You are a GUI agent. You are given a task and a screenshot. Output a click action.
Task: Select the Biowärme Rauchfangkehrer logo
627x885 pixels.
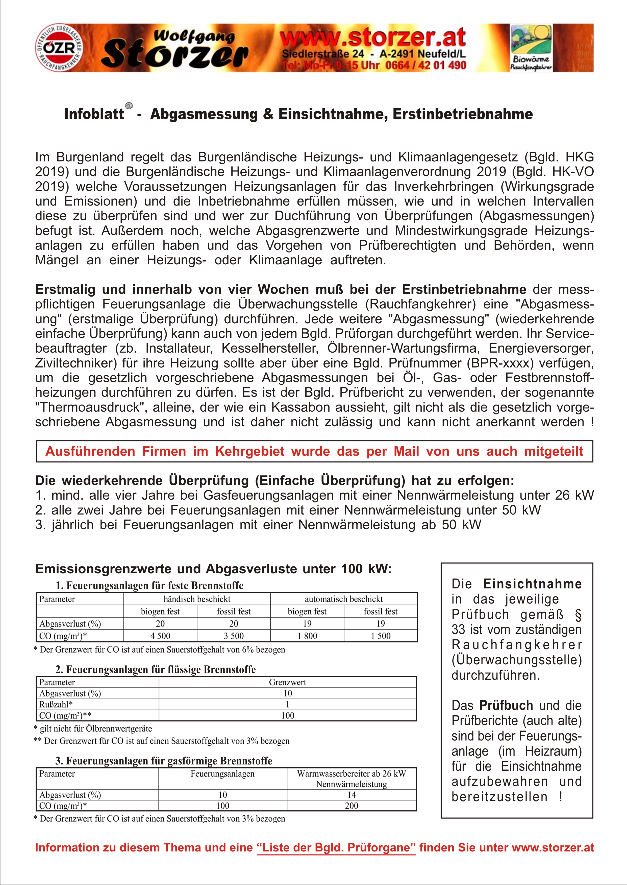(x=531, y=48)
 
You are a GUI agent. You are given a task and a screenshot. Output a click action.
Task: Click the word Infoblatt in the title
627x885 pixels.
(x=94, y=114)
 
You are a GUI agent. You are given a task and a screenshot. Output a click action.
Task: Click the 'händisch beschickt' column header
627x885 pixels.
(x=197, y=599)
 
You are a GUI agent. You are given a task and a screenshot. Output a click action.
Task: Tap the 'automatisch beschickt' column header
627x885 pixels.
(x=344, y=599)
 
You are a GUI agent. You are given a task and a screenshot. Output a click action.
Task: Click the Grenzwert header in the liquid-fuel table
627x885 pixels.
(x=287, y=682)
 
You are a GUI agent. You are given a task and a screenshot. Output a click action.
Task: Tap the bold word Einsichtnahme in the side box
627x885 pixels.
(x=532, y=584)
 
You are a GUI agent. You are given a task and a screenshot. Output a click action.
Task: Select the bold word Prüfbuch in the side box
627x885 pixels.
(x=506, y=706)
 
